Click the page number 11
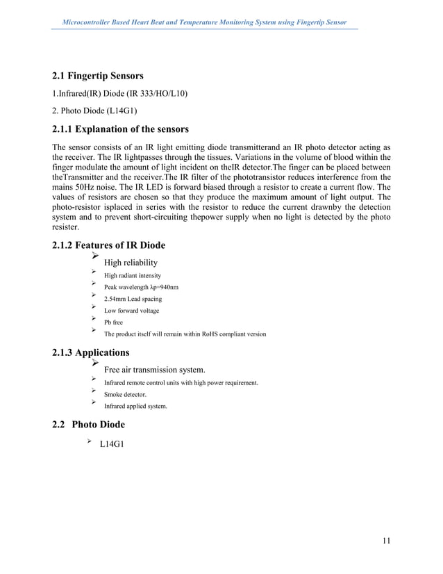(x=385, y=541)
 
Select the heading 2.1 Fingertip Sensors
(x=98, y=76)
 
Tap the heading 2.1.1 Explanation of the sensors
(x=120, y=129)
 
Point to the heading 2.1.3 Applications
(x=90, y=352)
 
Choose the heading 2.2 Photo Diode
(x=89, y=425)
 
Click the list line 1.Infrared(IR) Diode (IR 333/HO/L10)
(x=120, y=93)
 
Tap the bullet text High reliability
(x=131, y=263)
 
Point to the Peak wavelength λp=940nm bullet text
(x=141, y=288)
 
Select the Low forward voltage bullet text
(x=131, y=311)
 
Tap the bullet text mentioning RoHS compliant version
(x=185, y=334)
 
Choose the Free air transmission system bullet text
(x=154, y=369)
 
